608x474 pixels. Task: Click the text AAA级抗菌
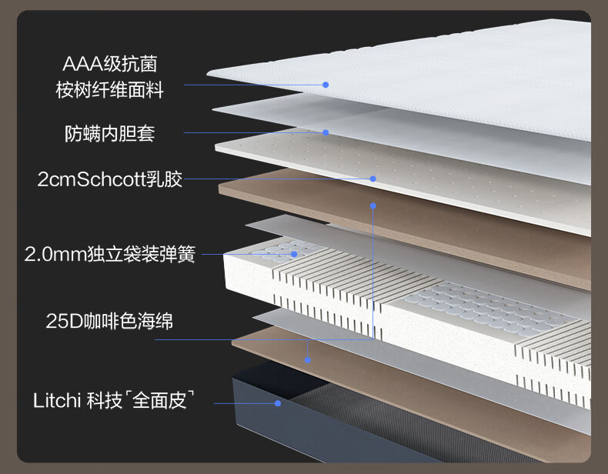(x=110, y=64)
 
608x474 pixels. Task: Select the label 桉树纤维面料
(x=110, y=90)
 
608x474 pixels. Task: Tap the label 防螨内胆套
(x=110, y=134)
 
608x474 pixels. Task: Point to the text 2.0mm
(x=55, y=254)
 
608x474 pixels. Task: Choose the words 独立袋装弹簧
(x=142, y=254)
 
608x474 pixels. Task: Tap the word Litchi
(x=57, y=400)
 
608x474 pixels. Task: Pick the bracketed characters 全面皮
(x=159, y=400)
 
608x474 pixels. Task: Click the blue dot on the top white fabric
(x=326, y=85)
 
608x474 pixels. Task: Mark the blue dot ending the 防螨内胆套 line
(x=326, y=132)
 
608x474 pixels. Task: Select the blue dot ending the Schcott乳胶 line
(x=373, y=179)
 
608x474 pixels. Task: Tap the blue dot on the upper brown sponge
(x=373, y=205)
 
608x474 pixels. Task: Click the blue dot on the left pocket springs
(x=294, y=254)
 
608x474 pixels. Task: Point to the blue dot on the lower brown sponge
(x=308, y=360)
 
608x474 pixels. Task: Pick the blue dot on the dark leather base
(x=278, y=403)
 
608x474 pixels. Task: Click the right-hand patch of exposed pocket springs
(x=490, y=308)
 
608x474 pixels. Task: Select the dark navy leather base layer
(x=349, y=419)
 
